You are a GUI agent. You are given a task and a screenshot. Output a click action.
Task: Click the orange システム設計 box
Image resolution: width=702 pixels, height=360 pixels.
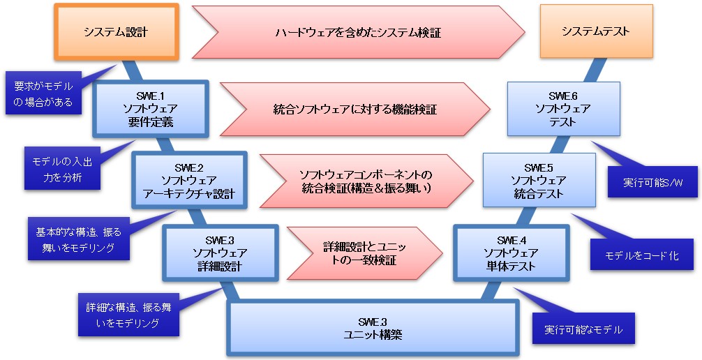pos(116,32)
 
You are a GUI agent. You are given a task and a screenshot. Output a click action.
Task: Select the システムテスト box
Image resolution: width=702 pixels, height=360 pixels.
pos(595,32)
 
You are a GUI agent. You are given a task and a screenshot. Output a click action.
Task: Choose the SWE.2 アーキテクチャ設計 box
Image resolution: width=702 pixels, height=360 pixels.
pos(189,181)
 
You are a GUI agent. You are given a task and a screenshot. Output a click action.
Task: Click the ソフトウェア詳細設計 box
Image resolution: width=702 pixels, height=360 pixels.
pos(220,253)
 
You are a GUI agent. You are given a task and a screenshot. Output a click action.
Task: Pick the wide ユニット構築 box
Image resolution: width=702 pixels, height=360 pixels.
pos(373,328)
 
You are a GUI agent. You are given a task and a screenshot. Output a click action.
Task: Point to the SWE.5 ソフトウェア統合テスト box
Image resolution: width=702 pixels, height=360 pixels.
pos(539,181)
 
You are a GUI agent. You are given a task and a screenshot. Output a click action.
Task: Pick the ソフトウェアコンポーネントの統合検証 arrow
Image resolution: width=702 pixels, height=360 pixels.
pos(365,181)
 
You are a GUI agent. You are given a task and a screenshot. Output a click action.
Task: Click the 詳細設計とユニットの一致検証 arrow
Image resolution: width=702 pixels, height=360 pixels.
pos(365,253)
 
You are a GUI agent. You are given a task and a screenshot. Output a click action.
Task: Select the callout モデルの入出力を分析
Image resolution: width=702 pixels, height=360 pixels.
pos(62,168)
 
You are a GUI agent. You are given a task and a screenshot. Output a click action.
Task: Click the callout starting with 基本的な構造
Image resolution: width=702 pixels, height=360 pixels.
pos(78,239)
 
